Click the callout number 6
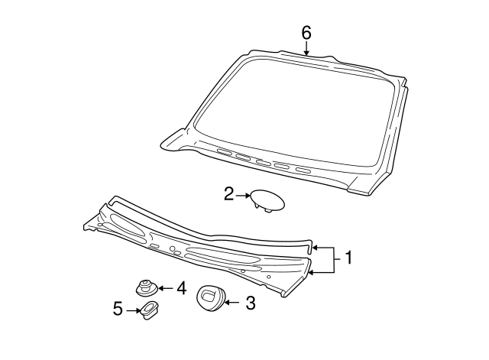[x=306, y=33]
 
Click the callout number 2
[x=228, y=194]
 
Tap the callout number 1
[x=348, y=258]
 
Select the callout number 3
[x=251, y=303]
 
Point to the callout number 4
[x=181, y=288]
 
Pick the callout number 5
[x=118, y=309]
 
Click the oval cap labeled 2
[x=267, y=201]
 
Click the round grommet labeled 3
[x=211, y=297]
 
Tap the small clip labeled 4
[x=147, y=289]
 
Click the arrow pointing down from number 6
[x=306, y=49]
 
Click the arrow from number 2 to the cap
[x=243, y=195]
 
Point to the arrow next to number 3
[x=232, y=303]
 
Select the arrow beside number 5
[x=133, y=310]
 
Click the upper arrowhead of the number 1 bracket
[x=315, y=248]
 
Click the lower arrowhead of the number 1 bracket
[x=311, y=273]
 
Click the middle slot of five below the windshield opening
[x=263, y=163]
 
